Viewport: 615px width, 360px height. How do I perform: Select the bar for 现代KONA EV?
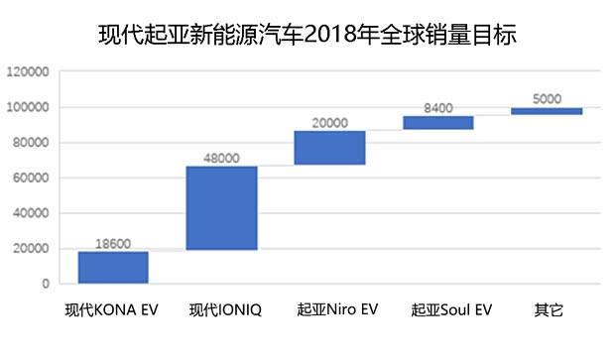click(113, 268)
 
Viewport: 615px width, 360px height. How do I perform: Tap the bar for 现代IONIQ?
click(221, 208)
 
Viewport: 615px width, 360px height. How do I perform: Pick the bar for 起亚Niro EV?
click(329, 147)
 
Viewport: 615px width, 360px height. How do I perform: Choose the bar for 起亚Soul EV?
click(437, 123)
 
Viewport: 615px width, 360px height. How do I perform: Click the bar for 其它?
click(547, 111)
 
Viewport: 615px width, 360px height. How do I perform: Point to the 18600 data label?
click(113, 242)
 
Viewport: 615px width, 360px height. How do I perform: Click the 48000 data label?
click(221, 157)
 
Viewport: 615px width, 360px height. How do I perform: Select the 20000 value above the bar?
click(329, 122)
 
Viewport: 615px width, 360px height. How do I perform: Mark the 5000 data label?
click(547, 98)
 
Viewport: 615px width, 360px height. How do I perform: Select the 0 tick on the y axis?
click(46, 285)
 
